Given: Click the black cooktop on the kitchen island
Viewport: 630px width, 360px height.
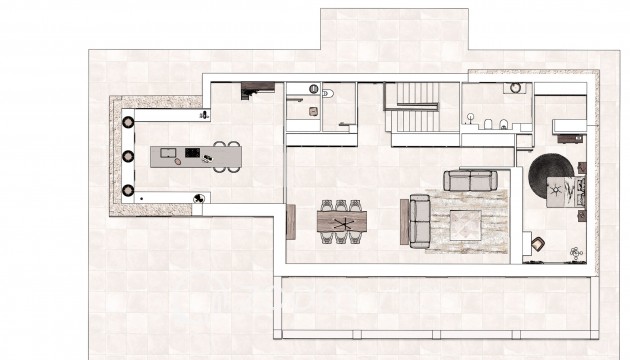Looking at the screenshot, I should [x=192, y=153].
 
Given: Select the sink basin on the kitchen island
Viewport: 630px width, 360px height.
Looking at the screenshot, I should [x=167, y=155].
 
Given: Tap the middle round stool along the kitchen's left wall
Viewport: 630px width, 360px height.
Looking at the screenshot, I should [x=128, y=156].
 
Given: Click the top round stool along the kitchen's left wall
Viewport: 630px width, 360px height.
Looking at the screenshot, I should [x=128, y=122].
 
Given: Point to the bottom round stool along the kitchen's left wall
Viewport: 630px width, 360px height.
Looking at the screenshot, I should [x=128, y=190].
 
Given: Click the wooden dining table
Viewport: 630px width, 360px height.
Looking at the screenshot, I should [x=342, y=220].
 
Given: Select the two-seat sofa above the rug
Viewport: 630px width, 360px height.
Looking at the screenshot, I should [x=470, y=181].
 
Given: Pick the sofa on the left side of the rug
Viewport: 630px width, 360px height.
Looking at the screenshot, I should [x=419, y=220].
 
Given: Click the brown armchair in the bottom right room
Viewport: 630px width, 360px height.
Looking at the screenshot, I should [x=538, y=242].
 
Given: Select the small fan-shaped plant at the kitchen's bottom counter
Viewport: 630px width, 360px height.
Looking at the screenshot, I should [x=200, y=198].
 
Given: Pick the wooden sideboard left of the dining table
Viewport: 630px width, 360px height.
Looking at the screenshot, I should [x=291, y=221].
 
